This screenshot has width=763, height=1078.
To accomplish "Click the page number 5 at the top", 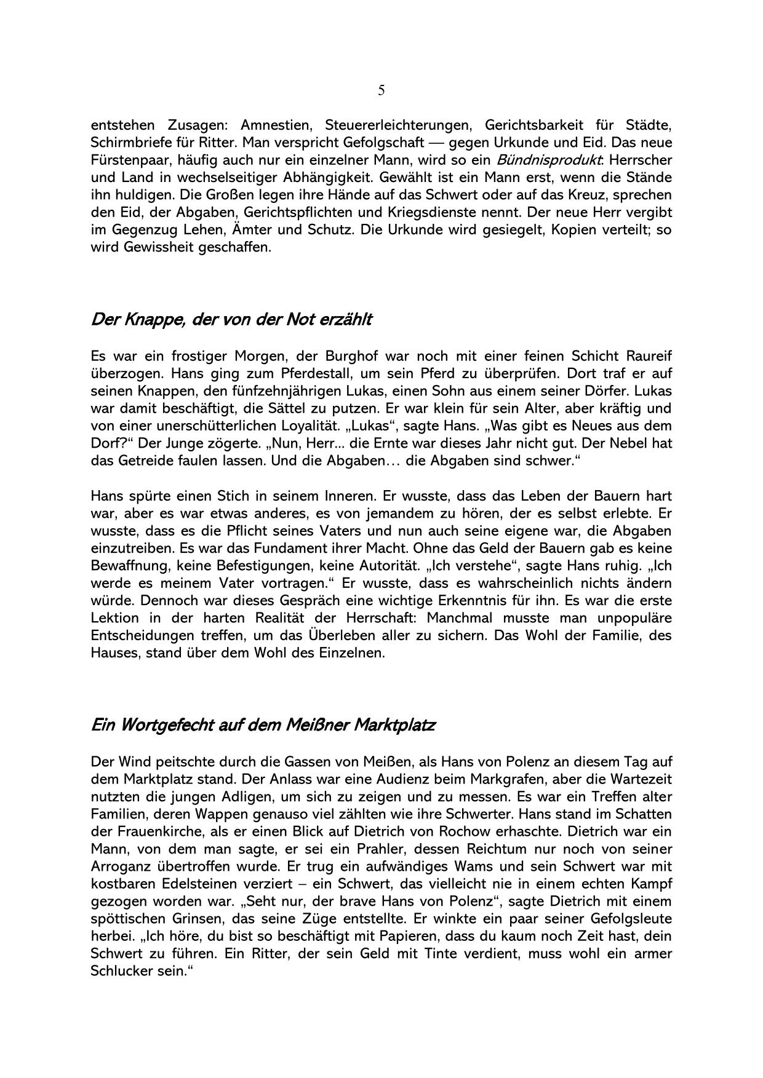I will [381, 91].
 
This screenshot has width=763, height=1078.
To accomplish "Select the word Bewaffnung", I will [127, 566].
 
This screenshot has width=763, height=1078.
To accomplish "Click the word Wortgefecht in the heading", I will [164, 726].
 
